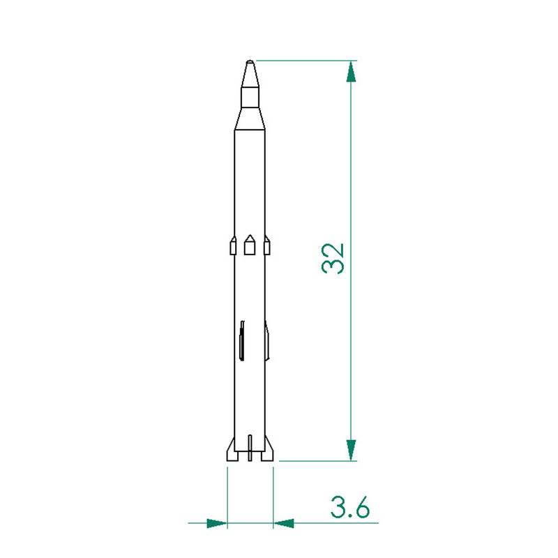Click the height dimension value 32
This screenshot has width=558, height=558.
333,258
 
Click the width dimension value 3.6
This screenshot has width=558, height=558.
350,507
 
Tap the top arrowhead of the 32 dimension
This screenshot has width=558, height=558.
352,72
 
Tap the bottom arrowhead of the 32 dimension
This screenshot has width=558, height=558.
352,450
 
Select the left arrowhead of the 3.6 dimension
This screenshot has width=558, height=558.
217,523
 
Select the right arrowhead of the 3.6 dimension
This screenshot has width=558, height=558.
284,523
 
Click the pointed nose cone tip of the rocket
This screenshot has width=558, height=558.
250,61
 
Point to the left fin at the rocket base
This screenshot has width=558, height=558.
232,450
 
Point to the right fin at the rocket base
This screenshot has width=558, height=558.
267,450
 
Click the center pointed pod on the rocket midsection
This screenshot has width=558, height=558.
250,245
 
